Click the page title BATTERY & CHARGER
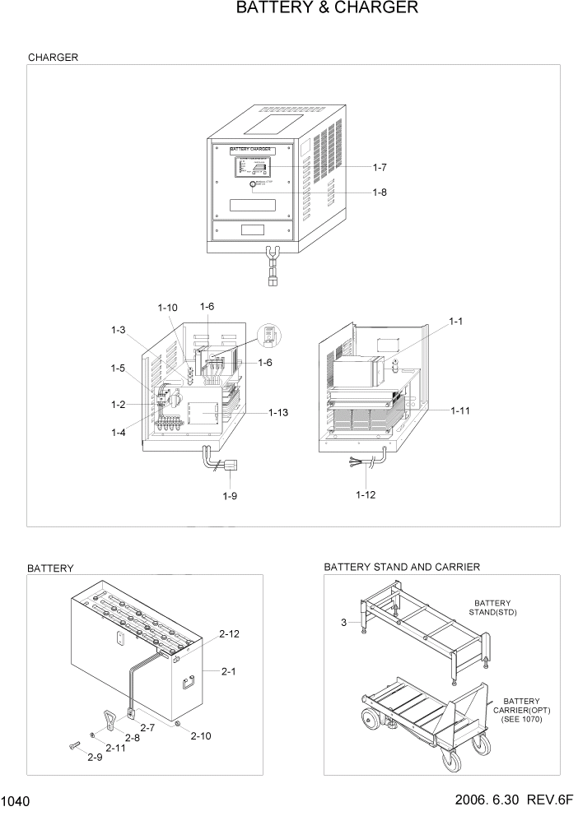(327, 9)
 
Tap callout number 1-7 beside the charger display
(379, 167)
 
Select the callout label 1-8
(379, 194)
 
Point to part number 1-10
(167, 308)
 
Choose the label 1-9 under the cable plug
(230, 496)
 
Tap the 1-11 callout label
(461, 409)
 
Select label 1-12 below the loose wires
(366, 495)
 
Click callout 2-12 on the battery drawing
(230, 634)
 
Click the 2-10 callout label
(200, 735)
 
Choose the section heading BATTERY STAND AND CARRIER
(402, 568)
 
